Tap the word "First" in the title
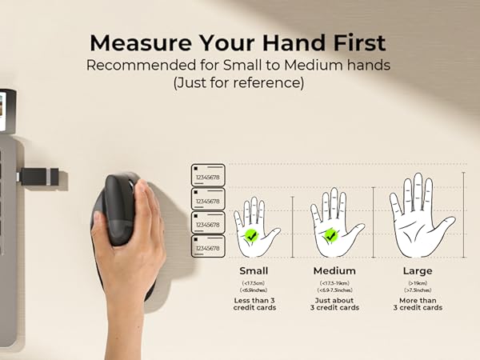(358, 42)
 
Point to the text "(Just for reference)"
(239, 84)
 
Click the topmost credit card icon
(208, 174)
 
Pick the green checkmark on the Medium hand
(330, 234)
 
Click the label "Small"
(254, 270)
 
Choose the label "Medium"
(334, 270)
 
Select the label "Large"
(418, 270)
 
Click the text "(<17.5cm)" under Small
(254, 284)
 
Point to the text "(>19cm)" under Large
(418, 284)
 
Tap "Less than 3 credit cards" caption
(254, 304)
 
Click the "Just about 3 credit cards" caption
(334, 304)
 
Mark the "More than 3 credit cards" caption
(418, 304)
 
